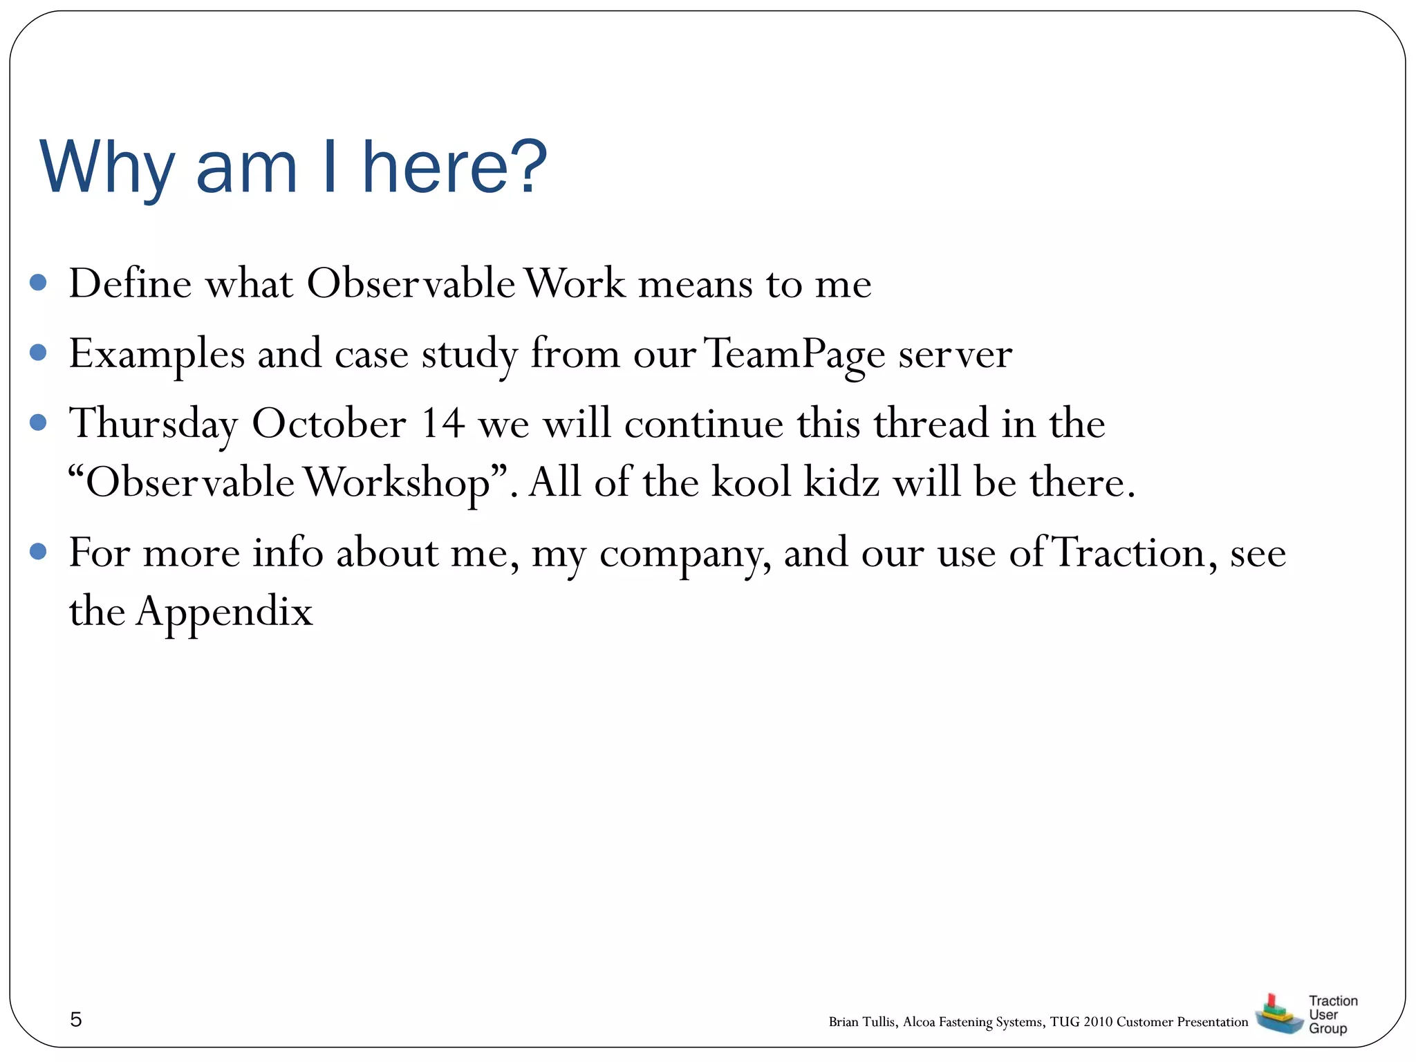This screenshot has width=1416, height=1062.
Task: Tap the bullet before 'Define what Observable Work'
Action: (x=39, y=282)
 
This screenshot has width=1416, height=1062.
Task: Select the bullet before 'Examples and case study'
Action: (x=39, y=353)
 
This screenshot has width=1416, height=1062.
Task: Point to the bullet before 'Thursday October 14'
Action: (x=39, y=422)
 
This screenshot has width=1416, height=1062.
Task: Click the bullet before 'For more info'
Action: (x=39, y=552)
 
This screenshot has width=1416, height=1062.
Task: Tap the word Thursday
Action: (x=153, y=423)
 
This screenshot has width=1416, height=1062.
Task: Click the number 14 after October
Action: (x=442, y=423)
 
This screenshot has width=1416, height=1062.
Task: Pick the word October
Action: (x=329, y=423)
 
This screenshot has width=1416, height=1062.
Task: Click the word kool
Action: (x=752, y=483)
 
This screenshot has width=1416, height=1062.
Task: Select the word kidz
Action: (x=842, y=483)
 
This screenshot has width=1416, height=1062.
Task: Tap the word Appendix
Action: (x=224, y=612)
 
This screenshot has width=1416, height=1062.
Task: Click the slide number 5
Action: (x=76, y=1019)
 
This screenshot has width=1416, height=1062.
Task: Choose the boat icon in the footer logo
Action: (x=1278, y=1014)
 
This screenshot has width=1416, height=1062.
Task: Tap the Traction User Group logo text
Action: (x=1332, y=1014)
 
